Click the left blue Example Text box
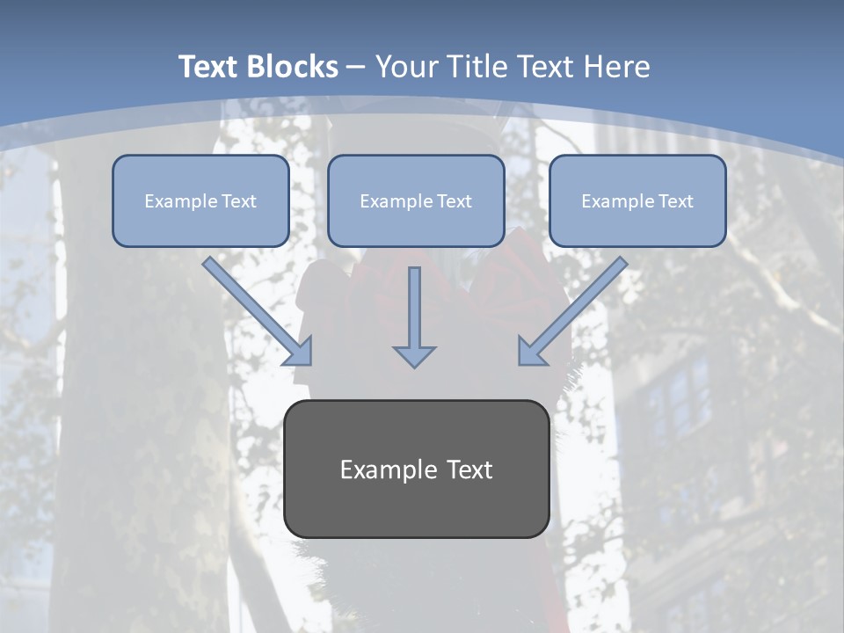[200, 201]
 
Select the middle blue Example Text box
[416, 201]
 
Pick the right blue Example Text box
[637, 201]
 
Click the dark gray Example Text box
[416, 469]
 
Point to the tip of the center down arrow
[414, 364]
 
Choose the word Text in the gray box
[469, 469]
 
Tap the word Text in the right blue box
[675, 201]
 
